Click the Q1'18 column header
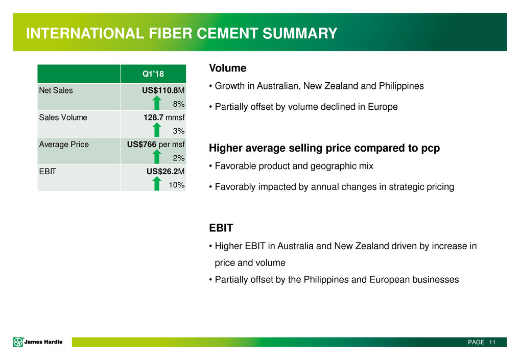pyautogui.click(x=153, y=74)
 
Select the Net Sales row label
pyautogui.click(x=56, y=90)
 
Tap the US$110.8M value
pyautogui.click(x=163, y=90)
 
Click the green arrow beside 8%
pyautogui.click(x=157, y=103)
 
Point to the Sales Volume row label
pyautogui.click(x=63, y=117)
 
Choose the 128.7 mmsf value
pyautogui.click(x=164, y=117)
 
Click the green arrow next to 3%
pyautogui.click(x=157, y=130)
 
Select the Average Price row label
pyautogui.click(x=64, y=144)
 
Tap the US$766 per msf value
pyautogui.click(x=156, y=144)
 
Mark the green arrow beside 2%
pyautogui.click(x=157, y=156)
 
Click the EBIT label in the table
pyautogui.click(x=48, y=172)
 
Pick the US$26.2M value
pyautogui.click(x=166, y=172)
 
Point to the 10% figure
pyautogui.click(x=176, y=185)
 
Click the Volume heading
pyautogui.click(x=227, y=68)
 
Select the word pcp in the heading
pyautogui.click(x=431, y=149)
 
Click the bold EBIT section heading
pyautogui.click(x=221, y=228)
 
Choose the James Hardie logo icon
pyautogui.click(x=18, y=342)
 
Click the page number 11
pyautogui.click(x=492, y=342)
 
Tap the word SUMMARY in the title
pyautogui.click(x=300, y=33)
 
